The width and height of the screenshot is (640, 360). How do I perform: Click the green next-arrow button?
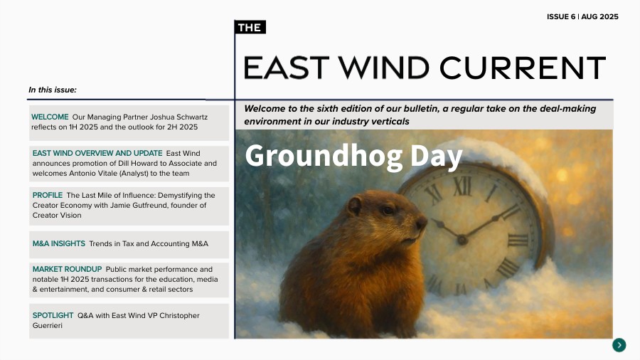tap(619, 345)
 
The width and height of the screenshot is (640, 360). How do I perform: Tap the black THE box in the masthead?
tap(250, 28)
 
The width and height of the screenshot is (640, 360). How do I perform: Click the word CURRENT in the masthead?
tap(522, 68)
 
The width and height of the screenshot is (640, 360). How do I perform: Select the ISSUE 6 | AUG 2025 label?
tap(582, 16)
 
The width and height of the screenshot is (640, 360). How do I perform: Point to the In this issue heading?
tap(53, 90)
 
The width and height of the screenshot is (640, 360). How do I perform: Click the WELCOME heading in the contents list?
tap(50, 117)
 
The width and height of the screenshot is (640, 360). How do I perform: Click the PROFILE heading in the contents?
tap(48, 195)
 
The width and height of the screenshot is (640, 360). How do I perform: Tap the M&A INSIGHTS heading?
tap(59, 244)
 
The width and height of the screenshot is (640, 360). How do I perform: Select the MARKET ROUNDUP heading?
tap(67, 269)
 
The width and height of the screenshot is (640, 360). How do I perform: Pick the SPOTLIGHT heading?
tap(53, 315)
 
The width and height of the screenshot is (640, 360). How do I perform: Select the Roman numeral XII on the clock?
tap(463, 186)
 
